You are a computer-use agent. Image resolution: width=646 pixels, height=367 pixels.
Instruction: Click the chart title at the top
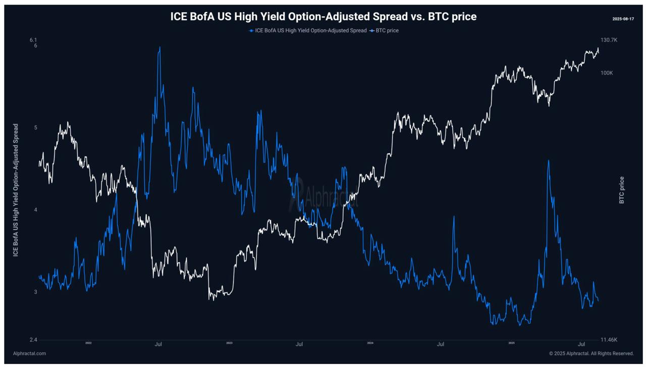pos(323,17)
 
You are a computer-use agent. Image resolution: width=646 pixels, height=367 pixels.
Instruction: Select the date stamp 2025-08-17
pos(623,19)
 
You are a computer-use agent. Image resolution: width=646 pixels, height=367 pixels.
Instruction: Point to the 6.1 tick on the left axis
pos(33,40)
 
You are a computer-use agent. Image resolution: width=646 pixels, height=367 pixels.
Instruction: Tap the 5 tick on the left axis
pos(35,128)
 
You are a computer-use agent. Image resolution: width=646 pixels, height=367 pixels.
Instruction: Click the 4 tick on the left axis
pos(35,210)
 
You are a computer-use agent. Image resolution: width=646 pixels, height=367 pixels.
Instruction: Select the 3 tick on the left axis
pos(35,292)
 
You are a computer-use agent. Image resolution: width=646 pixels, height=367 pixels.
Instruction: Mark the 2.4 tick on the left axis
pos(33,340)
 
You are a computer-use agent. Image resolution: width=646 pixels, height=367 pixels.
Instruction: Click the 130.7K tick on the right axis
pos(609,40)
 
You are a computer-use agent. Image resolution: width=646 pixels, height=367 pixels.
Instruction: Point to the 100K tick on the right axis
pos(607,73)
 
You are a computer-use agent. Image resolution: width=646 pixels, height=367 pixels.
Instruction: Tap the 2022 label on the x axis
pos(88,343)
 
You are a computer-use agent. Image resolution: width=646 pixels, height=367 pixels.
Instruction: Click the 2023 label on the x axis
pos(229,343)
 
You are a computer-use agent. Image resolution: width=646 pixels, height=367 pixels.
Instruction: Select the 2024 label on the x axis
pos(370,343)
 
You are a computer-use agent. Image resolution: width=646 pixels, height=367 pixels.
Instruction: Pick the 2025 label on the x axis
pos(511,343)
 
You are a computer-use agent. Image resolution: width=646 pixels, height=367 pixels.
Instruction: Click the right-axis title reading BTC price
pos(622,190)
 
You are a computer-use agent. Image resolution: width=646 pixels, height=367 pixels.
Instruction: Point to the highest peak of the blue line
pos(160,47)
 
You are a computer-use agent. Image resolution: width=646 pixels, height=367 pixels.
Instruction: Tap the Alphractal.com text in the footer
pos(29,353)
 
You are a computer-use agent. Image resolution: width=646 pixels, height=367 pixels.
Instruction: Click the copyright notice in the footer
pos(591,353)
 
